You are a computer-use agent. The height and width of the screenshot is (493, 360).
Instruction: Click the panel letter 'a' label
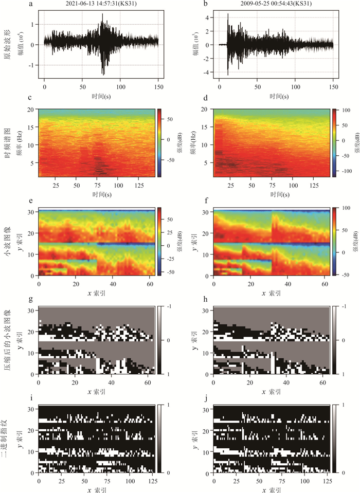pos(31,4)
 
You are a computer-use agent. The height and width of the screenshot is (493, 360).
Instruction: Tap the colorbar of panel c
pos(160,143)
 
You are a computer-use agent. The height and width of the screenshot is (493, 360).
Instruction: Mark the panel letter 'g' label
pos(31,300)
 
